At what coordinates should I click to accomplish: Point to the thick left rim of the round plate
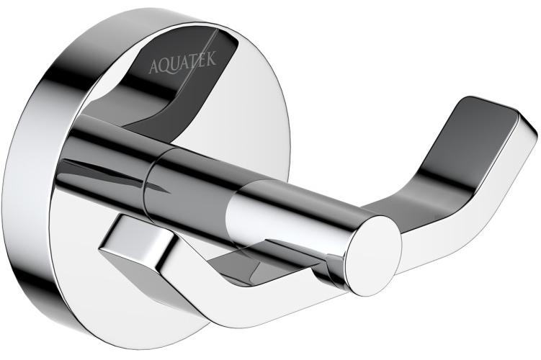[29, 180]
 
